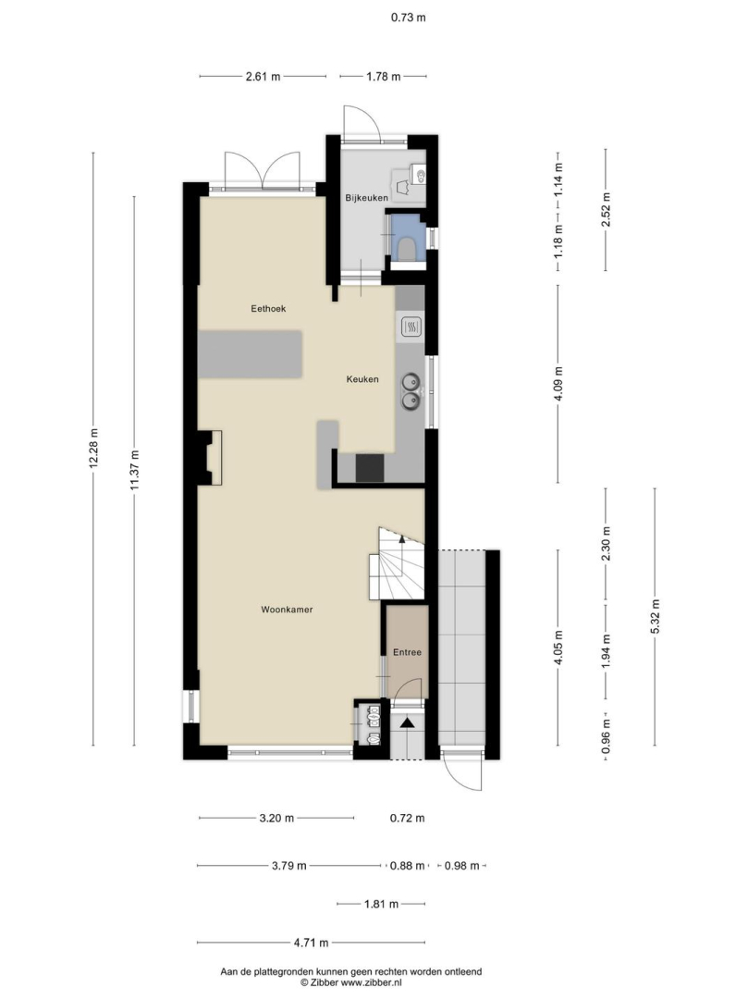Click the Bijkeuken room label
[367, 198]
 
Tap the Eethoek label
[268, 308]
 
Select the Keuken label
[362, 379]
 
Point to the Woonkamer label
[287, 610]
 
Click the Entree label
[407, 652]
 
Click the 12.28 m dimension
[93, 449]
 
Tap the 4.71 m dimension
[311, 943]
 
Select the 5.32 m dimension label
[655, 616]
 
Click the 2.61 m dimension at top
[263, 77]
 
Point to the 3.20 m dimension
[276, 818]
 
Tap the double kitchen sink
[411, 391]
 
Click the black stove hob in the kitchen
[370, 467]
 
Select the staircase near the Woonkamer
[397, 564]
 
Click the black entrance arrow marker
[407, 721]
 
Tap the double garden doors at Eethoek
[262, 171]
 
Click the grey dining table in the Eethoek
[250, 354]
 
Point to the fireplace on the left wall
[210, 458]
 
